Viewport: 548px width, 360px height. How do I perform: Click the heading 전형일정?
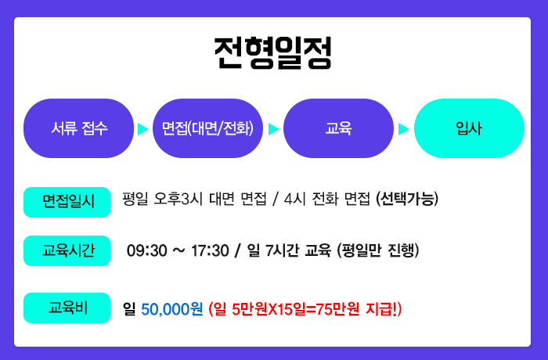[x=272, y=52]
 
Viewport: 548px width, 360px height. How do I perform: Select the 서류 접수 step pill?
[x=78, y=128]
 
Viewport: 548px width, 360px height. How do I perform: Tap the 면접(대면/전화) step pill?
[x=207, y=128]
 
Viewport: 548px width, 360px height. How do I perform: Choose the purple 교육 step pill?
[x=338, y=128]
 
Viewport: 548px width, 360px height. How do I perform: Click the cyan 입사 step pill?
[x=469, y=128]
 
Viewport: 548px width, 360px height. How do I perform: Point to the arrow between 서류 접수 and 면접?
[x=142, y=129]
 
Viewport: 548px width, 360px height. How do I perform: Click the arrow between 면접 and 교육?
[x=273, y=129]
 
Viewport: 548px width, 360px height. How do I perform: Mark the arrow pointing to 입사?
[x=404, y=129]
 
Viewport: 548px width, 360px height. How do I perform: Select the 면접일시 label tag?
[x=67, y=202]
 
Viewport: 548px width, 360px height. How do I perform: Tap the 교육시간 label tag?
[x=67, y=250]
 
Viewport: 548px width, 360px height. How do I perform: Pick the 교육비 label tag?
[x=67, y=308]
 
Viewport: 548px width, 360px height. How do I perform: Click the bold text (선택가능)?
[x=407, y=200]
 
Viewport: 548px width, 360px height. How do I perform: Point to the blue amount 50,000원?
[x=172, y=309]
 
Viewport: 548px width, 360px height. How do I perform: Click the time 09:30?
[x=147, y=250]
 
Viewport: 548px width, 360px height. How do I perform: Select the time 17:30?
[x=210, y=250]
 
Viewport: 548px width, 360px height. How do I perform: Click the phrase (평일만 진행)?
[x=378, y=250]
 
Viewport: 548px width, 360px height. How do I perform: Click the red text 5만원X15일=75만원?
[x=296, y=309]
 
